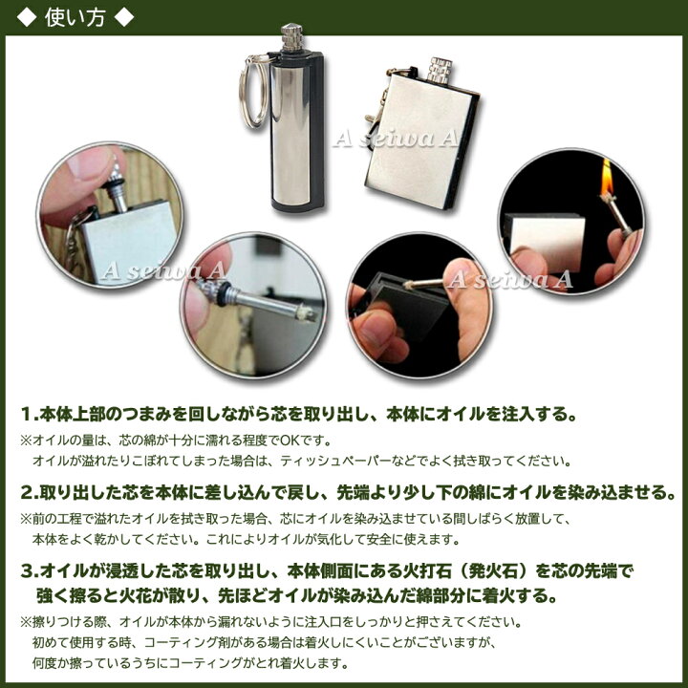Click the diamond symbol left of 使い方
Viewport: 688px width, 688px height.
27,17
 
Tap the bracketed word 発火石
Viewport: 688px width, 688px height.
487,571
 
